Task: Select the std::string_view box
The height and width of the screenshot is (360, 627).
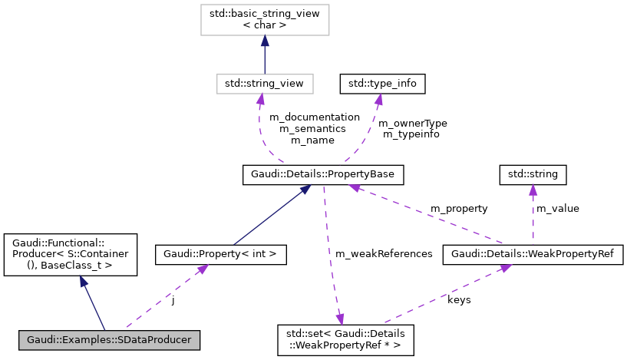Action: tap(264, 82)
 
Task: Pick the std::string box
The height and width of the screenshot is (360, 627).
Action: tap(533, 175)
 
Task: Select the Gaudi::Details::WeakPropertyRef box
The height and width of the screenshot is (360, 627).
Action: tap(533, 253)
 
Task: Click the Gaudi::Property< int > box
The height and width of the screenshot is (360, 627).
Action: tap(221, 253)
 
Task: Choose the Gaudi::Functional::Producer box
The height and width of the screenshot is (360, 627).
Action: tap(71, 255)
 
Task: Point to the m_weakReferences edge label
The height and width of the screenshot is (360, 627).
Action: tap(384, 253)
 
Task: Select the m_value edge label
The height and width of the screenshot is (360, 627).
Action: tap(557, 209)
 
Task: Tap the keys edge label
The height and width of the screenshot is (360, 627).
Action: tap(459, 300)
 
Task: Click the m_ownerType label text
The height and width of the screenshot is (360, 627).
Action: tap(414, 123)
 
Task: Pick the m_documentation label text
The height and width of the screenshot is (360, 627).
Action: tap(314, 117)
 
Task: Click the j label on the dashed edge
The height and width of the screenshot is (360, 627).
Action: tap(173, 300)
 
